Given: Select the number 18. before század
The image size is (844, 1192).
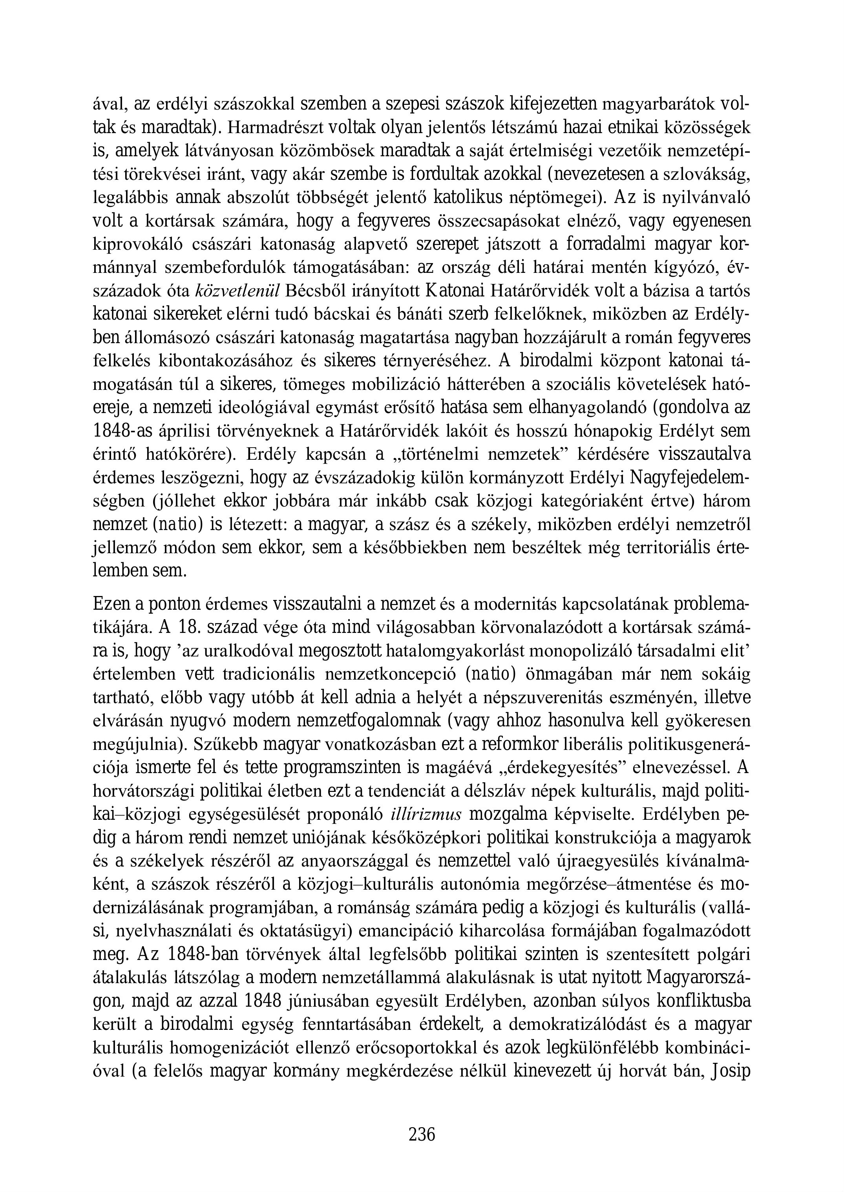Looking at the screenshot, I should point(189,627).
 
